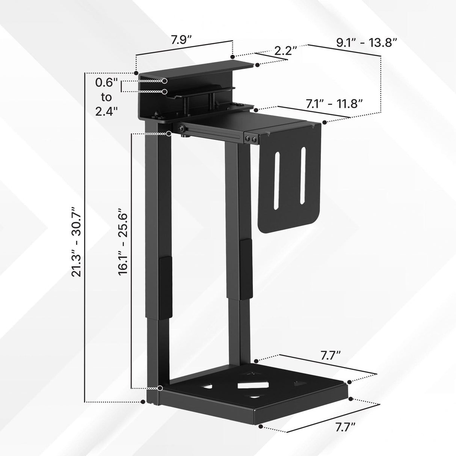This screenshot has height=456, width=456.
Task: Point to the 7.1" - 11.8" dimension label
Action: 334,104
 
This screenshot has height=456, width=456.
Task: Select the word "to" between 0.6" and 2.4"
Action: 106,97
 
